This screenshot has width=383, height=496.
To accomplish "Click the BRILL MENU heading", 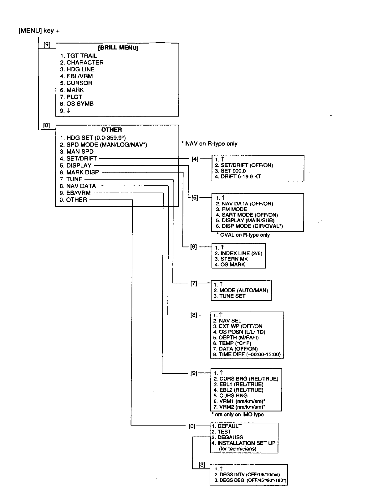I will [118, 48].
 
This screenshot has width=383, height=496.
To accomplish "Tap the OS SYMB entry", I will [77, 104].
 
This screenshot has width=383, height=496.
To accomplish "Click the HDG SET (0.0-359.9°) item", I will [93, 138].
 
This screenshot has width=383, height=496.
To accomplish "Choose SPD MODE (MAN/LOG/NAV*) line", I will [103, 145].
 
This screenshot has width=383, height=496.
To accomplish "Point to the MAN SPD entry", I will [77, 152].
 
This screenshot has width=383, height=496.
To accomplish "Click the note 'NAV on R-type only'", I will [209, 144].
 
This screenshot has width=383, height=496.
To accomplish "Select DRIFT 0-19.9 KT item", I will [237, 177].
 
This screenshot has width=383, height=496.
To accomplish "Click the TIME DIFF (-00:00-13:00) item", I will [247, 354].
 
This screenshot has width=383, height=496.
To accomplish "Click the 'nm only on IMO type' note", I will [237, 414].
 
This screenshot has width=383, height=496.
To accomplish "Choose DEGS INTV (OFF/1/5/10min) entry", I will [247, 475].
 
